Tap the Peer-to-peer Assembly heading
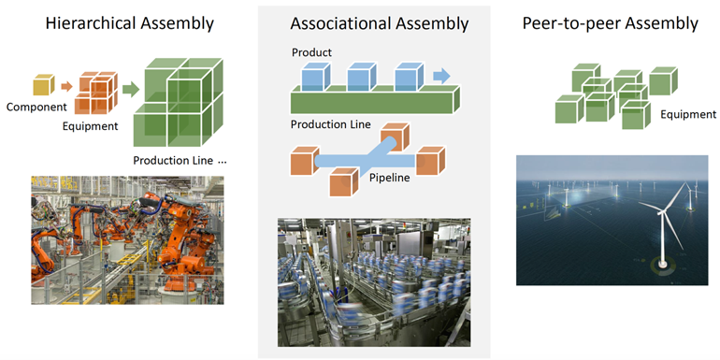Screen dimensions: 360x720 (x=610, y=23)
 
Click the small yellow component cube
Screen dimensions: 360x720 (x=44, y=85)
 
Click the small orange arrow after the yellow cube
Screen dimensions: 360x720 (x=67, y=87)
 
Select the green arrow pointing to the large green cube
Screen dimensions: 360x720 (x=129, y=90)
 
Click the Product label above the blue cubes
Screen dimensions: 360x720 (x=311, y=52)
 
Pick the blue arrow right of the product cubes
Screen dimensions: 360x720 (x=441, y=76)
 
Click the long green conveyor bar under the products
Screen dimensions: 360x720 (x=375, y=100)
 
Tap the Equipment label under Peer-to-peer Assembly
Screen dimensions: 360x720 (x=687, y=115)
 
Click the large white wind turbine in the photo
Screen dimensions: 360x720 (x=663, y=229)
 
